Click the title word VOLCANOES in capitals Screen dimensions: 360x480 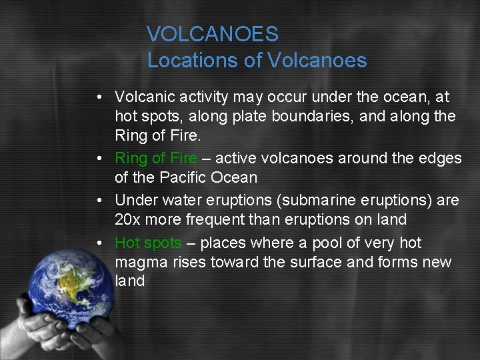click(x=213, y=34)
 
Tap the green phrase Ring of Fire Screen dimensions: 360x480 click(x=156, y=158)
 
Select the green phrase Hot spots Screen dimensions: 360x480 click(x=148, y=243)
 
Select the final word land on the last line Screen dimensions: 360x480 click(x=129, y=281)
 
